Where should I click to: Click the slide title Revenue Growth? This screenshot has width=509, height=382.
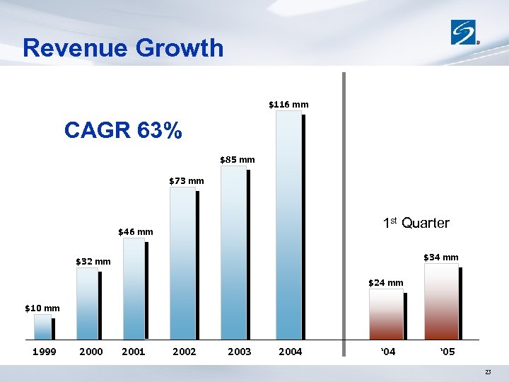click(x=123, y=48)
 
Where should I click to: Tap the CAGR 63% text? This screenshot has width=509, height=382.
click(x=123, y=131)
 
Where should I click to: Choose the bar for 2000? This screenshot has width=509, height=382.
click(x=87, y=304)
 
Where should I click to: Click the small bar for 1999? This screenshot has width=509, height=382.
click(x=42, y=327)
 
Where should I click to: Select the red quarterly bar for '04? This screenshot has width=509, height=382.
click(x=386, y=314)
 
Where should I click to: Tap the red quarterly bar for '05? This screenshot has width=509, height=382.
click(x=441, y=302)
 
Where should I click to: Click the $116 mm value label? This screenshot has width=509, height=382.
click(x=288, y=105)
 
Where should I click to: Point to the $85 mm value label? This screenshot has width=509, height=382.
click(x=237, y=160)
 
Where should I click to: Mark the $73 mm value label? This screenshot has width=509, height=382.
click(x=186, y=181)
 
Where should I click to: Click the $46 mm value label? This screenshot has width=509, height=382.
click(x=135, y=232)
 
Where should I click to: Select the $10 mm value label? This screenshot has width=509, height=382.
click(x=42, y=308)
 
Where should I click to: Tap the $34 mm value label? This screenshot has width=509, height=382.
click(x=440, y=257)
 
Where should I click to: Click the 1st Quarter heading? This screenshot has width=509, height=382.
click(x=416, y=224)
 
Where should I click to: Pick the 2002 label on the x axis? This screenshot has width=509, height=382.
click(x=184, y=352)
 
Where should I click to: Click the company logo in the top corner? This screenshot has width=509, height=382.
click(x=465, y=33)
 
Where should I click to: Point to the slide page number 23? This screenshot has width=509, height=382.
click(x=488, y=373)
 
